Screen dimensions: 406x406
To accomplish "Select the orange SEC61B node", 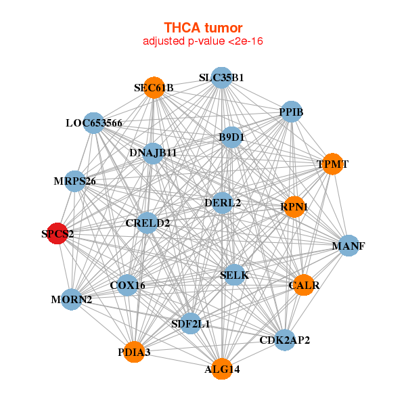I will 154,88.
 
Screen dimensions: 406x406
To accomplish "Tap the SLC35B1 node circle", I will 221,78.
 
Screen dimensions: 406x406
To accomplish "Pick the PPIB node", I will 291,112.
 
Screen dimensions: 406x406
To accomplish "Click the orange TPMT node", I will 332,164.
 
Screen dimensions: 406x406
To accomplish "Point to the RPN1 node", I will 294,206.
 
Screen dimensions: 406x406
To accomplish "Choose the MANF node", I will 348,246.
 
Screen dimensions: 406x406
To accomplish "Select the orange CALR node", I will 303,286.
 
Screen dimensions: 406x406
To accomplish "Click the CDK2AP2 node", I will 284,340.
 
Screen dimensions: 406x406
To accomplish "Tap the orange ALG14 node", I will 222,369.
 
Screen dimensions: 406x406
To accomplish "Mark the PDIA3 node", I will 134,352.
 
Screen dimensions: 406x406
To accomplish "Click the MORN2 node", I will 72,299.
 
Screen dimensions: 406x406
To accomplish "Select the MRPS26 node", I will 75,181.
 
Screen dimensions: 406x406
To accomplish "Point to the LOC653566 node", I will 94,123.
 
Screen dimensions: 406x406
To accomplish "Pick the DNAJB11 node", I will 153,153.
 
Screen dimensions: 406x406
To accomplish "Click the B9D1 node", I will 231,137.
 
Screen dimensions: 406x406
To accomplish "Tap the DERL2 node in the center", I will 223,202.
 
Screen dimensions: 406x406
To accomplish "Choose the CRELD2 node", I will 148,223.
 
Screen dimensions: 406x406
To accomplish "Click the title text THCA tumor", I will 203,28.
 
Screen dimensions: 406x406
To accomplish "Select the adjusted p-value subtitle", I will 203,41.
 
